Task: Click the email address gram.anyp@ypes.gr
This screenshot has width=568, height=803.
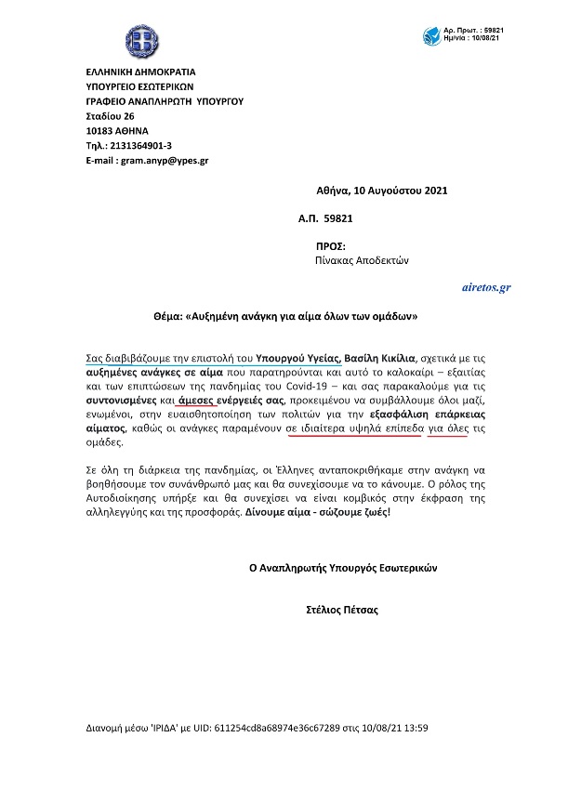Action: click(163, 161)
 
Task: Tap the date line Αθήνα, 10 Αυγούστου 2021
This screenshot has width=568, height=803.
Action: click(382, 191)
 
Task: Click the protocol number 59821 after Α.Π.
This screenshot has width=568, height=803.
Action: click(336, 218)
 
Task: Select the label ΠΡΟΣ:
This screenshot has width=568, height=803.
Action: click(331, 247)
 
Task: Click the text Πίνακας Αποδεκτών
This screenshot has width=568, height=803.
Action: click(363, 261)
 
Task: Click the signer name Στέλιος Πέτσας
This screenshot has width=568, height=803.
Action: click(341, 611)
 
